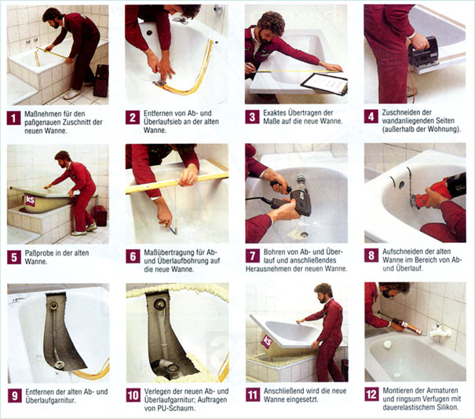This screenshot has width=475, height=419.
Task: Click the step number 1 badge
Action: point(13,118)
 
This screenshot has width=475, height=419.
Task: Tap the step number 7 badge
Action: point(252,255)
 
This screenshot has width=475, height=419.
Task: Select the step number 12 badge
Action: point(371,394)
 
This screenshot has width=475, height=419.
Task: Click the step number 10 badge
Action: point(133,395)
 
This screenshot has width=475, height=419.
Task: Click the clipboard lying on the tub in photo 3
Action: point(325,83)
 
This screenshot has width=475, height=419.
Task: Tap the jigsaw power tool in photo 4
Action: point(423,56)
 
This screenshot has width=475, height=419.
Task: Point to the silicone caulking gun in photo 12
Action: point(401,323)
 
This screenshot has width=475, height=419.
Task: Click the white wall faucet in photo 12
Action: point(439,330)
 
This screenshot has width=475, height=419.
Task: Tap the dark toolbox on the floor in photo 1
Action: point(100,81)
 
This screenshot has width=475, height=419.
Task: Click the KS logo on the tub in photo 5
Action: point(31,200)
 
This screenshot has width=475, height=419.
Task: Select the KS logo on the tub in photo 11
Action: point(267,342)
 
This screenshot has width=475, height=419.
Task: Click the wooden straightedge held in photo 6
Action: point(177,182)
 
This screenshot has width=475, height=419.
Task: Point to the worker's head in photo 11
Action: point(323,292)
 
